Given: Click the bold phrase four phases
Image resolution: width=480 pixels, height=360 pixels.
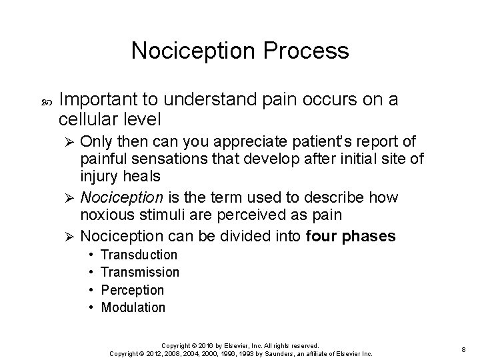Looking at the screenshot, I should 351,237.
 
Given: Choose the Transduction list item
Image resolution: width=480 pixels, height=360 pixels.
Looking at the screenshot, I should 139,255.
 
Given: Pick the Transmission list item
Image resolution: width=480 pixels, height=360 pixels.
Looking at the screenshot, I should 139,273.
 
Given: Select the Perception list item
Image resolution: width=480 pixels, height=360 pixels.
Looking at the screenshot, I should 132,290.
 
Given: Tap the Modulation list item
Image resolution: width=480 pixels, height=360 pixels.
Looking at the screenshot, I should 133,307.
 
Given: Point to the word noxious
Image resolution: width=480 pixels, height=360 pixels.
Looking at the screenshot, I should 104,215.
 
